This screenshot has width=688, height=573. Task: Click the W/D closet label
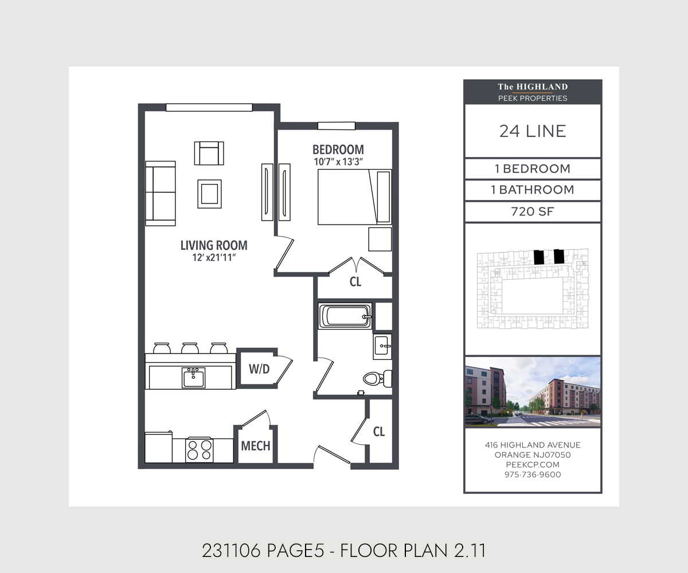259,369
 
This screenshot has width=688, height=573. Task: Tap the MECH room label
255,446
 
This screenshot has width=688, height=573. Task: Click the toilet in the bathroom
376,378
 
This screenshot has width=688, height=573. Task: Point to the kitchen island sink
193,378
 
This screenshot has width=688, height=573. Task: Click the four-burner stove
199,449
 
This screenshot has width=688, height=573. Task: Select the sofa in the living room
160,193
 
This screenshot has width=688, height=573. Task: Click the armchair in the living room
209,153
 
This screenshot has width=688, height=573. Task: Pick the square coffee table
209,193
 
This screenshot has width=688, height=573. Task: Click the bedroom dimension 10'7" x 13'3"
338,162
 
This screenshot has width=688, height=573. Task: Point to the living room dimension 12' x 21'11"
214,258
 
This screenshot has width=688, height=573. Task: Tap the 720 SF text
533,212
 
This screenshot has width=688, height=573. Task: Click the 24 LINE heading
533,131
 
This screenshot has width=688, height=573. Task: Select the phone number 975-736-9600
533,474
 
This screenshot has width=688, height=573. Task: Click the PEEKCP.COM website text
533,465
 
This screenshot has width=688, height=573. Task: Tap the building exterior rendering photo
533,392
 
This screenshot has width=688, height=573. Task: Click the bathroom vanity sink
382,346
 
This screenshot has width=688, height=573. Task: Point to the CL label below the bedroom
355,282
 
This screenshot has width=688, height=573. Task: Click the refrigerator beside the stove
159,448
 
